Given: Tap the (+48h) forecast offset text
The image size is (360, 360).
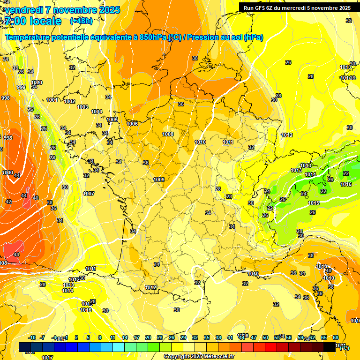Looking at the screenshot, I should pyautogui.click(x=81, y=21).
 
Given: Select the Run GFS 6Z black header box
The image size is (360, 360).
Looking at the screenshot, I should pyautogui.click(x=297, y=7).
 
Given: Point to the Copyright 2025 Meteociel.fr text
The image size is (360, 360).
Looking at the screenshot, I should pyautogui.click(x=199, y=356).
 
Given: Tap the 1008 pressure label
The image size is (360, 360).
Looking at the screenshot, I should pyautogui.click(x=168, y=134).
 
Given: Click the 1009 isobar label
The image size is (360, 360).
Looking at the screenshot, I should pyautogui.click(x=159, y=180).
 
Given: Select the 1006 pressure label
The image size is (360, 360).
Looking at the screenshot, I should pyautogui.click(x=132, y=124).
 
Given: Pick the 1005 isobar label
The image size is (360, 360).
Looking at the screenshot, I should pyautogui.click(x=112, y=120).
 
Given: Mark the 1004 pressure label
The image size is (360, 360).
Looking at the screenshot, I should pyautogui.click(x=97, y=112).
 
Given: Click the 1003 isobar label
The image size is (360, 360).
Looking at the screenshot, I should pyautogui.click(x=82, y=107).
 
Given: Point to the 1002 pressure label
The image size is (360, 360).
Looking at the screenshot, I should pyautogui.click(x=69, y=101).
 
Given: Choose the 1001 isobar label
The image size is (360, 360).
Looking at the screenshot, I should pyautogui.click(x=52, y=100).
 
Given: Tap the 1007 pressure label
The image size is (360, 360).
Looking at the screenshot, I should pyautogui.click(x=89, y=194).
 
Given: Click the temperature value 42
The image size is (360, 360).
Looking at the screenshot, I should pyautogui.click(x=8, y=202).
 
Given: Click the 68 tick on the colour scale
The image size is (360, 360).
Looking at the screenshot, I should pyautogui.click(x=336, y=337).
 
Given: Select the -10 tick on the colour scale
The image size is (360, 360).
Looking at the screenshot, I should pyautogui.click(x=32, y=337).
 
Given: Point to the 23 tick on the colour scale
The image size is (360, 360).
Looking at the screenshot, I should pyautogui.click(x=160, y=337).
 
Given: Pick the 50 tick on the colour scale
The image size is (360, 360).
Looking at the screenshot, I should pyautogui.click(x=265, y=337).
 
